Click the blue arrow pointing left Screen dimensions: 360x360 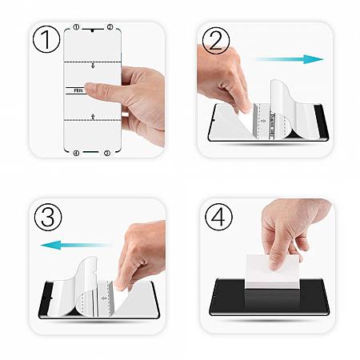coord(66,245)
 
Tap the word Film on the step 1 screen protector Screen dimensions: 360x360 coord(78,90)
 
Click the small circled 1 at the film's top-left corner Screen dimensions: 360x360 coord(76,26)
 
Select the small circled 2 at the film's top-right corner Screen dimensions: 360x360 coord(110,26)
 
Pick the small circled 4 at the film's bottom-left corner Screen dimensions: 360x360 coord(76,152)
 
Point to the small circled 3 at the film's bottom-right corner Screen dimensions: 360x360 coord(107,152)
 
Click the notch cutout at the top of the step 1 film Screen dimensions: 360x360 coord(93,29)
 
